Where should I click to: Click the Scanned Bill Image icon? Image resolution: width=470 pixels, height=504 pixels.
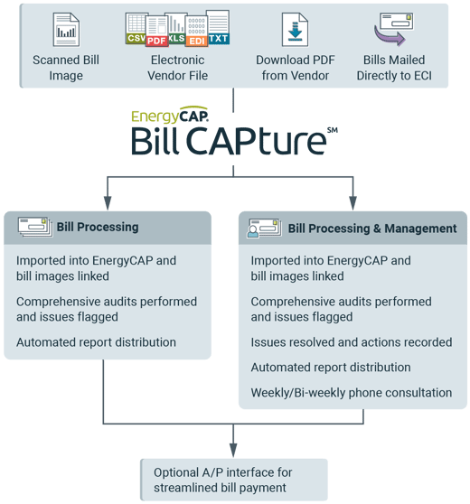click(x=66, y=30)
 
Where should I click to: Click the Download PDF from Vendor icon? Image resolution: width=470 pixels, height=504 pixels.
click(x=295, y=30)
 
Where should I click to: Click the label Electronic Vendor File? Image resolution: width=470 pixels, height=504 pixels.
click(x=177, y=68)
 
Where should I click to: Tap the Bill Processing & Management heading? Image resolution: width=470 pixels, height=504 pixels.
click(x=371, y=229)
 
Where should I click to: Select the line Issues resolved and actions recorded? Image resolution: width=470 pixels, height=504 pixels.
click(x=351, y=342)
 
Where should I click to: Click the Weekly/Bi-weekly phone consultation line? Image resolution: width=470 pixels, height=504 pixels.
click(x=351, y=393)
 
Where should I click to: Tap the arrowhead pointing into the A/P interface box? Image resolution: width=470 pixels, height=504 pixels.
click(x=233, y=450)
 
